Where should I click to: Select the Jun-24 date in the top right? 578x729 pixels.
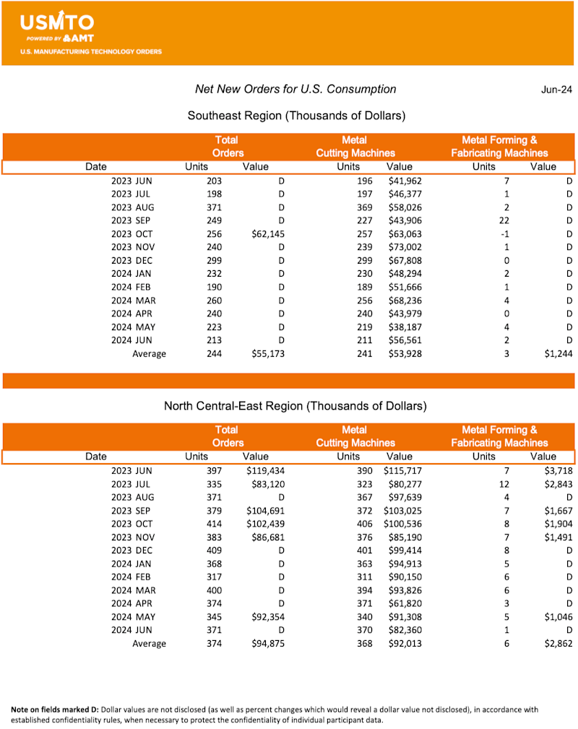click(556, 90)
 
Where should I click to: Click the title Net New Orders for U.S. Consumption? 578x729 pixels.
click(296, 89)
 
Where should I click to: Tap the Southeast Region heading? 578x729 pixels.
click(296, 116)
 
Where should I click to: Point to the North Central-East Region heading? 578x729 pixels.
click(296, 405)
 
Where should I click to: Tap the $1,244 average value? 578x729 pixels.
click(558, 354)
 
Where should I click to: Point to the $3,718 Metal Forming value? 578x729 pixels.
click(558, 470)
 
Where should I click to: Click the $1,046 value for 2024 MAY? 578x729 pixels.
click(558, 616)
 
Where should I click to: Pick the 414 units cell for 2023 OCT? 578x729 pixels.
click(212, 523)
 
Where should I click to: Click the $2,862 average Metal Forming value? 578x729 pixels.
click(558, 644)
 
